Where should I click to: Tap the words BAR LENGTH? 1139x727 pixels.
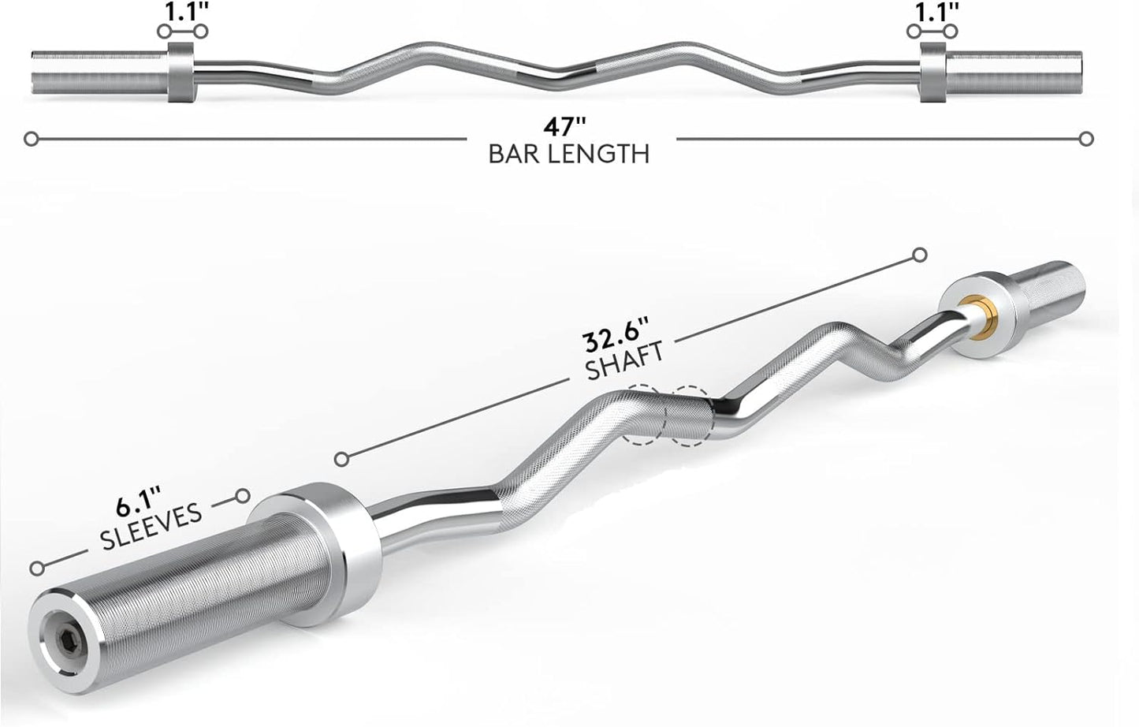(x=569, y=153)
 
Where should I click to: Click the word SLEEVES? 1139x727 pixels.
(x=151, y=526)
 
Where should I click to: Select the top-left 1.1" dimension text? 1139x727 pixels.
(x=182, y=12)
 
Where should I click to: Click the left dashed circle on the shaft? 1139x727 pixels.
(x=642, y=416)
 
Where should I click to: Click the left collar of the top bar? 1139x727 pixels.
(x=180, y=72)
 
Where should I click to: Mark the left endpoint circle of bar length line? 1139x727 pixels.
(x=31, y=139)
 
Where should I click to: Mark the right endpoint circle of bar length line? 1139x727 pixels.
(x=1086, y=139)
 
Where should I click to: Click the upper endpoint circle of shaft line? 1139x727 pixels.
(x=919, y=255)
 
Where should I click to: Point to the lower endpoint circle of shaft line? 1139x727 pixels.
(x=341, y=459)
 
